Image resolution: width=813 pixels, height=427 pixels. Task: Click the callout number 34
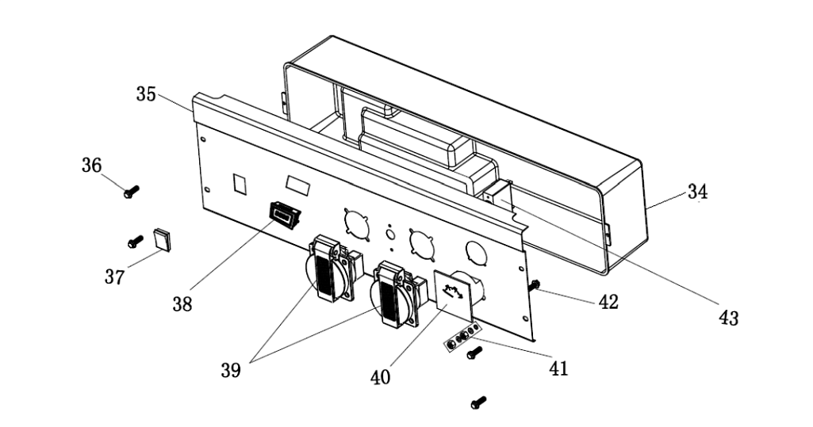697,192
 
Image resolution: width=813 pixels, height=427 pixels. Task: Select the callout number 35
146,94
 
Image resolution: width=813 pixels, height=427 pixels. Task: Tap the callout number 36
91,165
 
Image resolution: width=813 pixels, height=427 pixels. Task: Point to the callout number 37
114,277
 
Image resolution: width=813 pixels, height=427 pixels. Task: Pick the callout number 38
182,304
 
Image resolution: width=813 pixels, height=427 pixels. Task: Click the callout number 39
231,370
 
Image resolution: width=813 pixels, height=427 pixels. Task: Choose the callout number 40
380,377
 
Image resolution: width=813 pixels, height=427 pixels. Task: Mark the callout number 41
558,368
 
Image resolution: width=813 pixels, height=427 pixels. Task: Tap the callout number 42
608,302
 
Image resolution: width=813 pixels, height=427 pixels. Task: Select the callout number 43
728,318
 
